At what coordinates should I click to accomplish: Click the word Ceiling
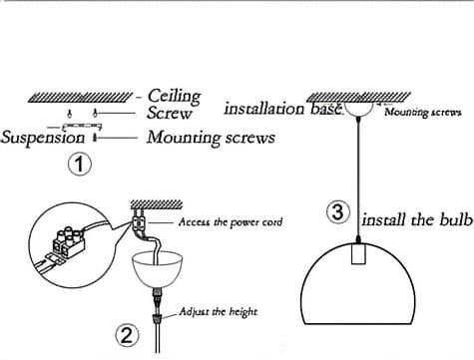point(174,97)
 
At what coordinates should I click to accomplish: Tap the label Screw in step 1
point(170,113)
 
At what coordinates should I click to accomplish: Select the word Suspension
point(43,138)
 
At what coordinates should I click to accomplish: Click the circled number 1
point(80,164)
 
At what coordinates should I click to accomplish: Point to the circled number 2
point(127,335)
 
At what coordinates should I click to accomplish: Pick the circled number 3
point(338,212)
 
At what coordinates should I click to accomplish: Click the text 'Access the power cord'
point(231,222)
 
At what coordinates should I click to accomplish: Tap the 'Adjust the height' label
point(219,312)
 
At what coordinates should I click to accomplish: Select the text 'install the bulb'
point(417,219)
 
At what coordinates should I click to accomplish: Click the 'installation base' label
point(282,109)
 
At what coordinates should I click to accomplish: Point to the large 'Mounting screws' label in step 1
point(211,138)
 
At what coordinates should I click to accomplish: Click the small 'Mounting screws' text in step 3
point(423,112)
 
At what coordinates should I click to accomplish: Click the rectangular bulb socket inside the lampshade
point(358,253)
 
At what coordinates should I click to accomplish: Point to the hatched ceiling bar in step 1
point(81,98)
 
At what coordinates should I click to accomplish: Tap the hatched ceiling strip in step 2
point(157,204)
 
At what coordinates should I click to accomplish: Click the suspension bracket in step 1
point(82,127)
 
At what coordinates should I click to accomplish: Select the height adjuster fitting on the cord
point(157,319)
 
